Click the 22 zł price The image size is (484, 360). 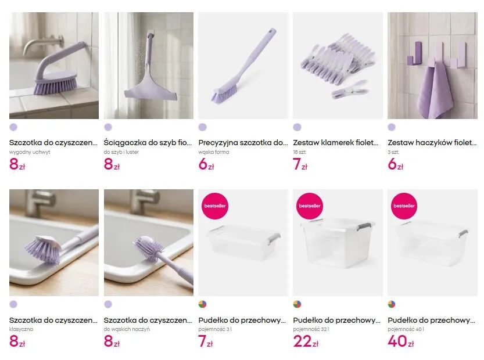pos(306,341)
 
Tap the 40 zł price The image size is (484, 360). pos(400,341)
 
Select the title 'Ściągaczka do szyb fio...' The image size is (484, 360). pos(148,142)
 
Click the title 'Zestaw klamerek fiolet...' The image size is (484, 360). pos(335,142)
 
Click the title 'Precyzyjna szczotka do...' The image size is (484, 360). pos(243,142)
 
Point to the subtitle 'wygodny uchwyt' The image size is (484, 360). pos(30,152)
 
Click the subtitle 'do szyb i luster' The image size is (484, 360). pos(121,152)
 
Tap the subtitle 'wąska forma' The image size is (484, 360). pos(214,152)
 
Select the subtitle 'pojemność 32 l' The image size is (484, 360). pos(311,329)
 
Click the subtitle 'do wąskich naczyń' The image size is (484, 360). pos(127,329)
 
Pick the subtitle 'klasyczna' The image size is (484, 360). pos(21,329)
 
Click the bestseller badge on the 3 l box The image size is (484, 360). pos(215,206)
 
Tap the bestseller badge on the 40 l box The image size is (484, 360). pos(404,206)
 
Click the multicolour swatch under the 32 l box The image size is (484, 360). pos(297,304)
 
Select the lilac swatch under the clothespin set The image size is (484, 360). pos(297,127)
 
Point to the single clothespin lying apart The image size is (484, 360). pos(350,89)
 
